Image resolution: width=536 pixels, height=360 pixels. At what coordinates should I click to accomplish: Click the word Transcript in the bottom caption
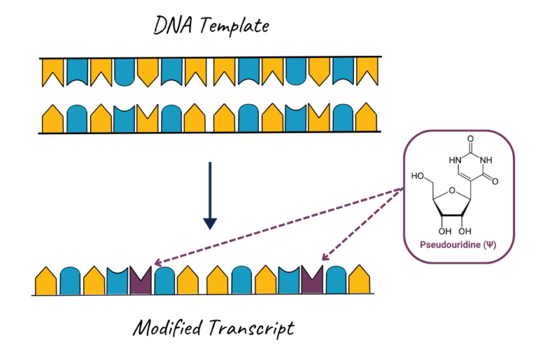click(x=248, y=328)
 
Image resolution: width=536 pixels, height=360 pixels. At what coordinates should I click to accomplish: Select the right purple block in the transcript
click(x=313, y=280)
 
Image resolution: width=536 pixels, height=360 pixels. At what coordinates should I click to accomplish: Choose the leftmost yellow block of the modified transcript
click(x=46, y=281)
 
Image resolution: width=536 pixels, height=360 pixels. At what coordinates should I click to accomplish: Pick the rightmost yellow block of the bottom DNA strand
click(x=364, y=118)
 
